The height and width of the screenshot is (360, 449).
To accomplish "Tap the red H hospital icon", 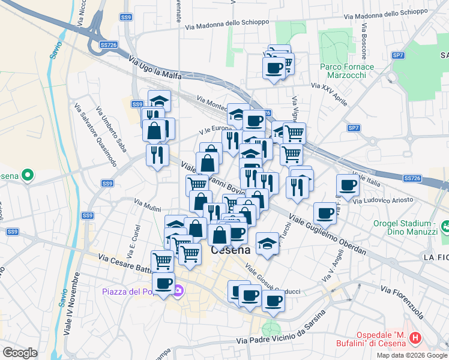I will tap(414, 339).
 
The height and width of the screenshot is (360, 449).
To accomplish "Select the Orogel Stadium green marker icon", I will tap(445, 227).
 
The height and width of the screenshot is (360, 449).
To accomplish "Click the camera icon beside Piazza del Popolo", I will tap(178, 291).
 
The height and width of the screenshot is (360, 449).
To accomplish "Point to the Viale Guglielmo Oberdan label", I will tap(328, 233).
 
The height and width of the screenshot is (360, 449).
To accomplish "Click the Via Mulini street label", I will tap(147, 205).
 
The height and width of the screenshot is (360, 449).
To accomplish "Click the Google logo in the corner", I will tap(20, 352).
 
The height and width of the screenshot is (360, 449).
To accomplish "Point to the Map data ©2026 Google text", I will tap(411, 355).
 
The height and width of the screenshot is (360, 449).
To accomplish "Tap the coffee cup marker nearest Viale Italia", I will tap(348, 185).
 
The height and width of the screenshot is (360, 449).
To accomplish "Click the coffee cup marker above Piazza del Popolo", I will tap(163, 283).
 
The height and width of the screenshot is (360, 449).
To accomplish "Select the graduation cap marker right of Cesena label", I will tap(267, 243).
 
